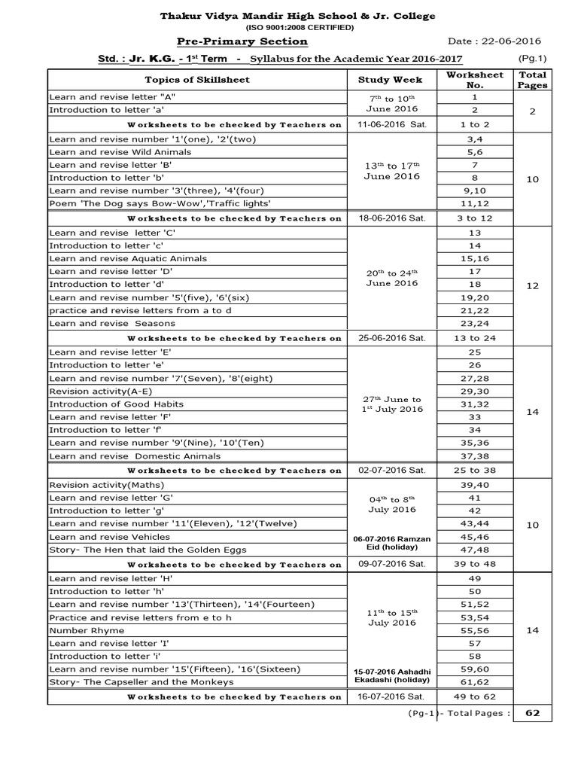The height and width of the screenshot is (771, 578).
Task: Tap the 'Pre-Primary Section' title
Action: coord(242,41)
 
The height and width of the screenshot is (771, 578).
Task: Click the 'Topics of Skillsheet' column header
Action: coord(197,79)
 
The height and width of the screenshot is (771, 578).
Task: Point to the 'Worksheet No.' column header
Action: coord(474,79)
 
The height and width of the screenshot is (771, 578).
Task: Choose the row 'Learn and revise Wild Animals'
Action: coord(120,151)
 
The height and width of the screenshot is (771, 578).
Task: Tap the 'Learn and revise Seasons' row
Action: coord(112,323)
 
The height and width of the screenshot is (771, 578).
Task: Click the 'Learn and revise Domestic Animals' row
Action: coord(135,456)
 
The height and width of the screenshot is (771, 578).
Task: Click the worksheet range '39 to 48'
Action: coord(474,564)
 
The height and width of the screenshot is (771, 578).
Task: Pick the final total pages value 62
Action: coord(533,713)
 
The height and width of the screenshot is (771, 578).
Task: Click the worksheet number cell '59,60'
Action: coord(474,669)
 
